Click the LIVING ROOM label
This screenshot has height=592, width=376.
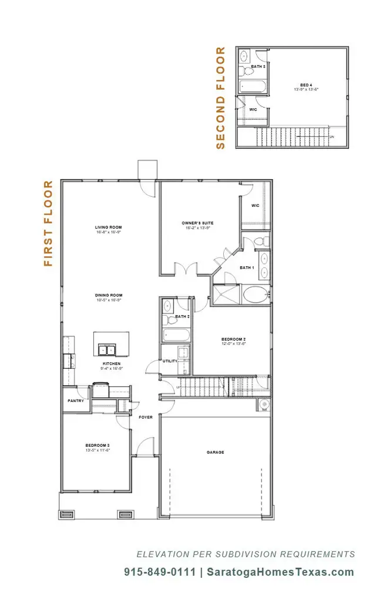point(108,227)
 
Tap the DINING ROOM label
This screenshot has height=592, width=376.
point(109,295)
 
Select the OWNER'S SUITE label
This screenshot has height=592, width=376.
point(197,223)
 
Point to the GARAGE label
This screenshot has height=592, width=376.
point(215,452)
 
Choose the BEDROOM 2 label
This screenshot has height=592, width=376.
point(233,339)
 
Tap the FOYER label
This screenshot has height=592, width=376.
point(146,417)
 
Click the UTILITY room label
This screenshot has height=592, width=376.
point(170,361)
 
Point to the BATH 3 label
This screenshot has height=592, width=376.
point(258,66)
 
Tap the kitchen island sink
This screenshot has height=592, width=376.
point(108,350)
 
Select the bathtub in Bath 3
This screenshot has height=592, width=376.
point(252,86)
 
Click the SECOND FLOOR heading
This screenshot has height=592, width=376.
point(221,98)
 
